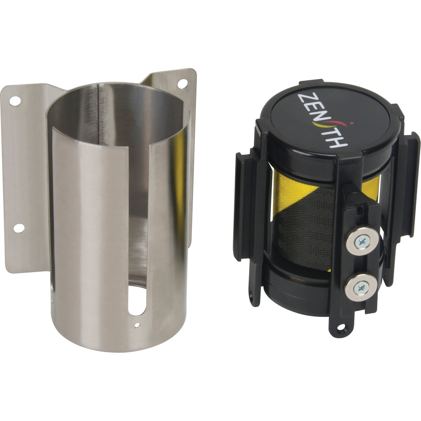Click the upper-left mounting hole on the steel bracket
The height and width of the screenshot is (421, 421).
coord(15,99)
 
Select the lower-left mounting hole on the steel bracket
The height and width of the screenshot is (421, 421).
coord(18,227)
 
